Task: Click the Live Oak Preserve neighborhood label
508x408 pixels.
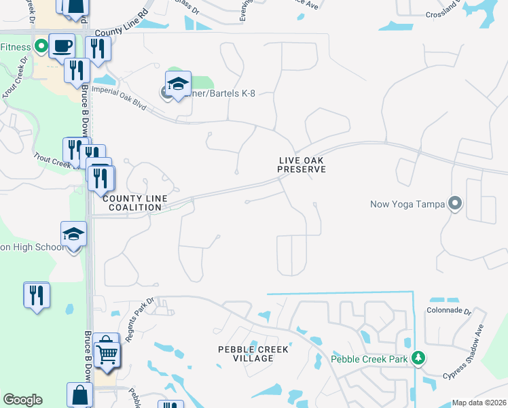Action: tap(302, 165)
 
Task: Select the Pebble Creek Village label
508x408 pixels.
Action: tap(253, 354)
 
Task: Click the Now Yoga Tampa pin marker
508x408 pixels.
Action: tap(455, 203)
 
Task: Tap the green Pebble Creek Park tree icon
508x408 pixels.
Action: tap(419, 358)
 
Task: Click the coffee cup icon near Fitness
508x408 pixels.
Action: tap(62, 45)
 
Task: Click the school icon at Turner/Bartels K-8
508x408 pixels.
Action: tap(178, 84)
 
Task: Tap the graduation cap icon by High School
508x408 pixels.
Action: tap(73, 235)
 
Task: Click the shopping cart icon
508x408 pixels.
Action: tap(107, 352)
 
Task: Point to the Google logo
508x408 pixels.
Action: tap(22, 400)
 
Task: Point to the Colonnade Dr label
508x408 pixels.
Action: tap(448, 310)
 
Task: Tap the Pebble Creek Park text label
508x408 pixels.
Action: tap(371, 358)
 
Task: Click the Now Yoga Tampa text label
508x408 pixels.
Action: tap(407, 203)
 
